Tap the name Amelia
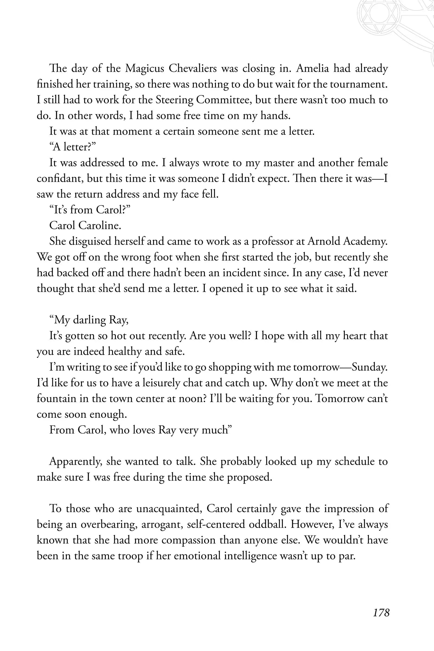tap(312, 68)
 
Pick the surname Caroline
tap(99, 226)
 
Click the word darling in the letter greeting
tap(90, 320)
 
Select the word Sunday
tap(369, 367)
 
